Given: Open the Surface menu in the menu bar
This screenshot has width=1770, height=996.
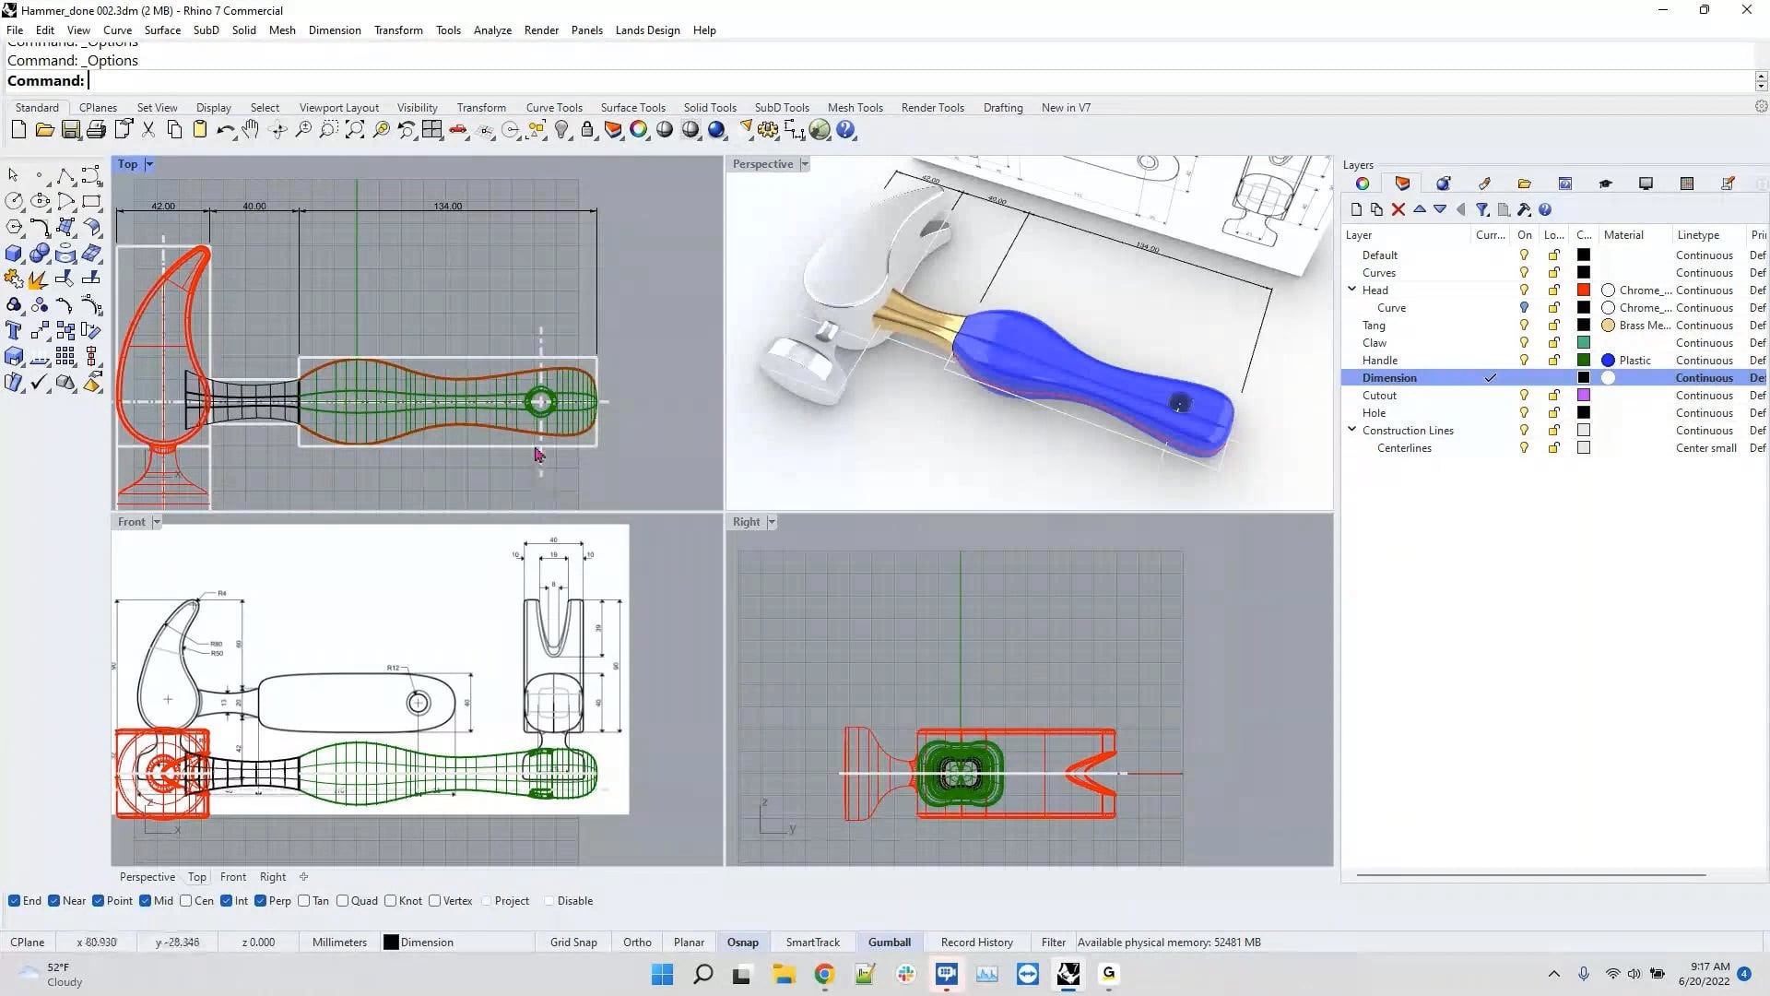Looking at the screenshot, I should pos(162,30).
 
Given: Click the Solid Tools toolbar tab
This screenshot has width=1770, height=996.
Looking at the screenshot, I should pos(709,107).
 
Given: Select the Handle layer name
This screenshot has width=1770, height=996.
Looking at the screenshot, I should pos(1379,360).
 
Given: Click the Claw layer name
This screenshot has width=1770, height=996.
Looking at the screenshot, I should pos(1374,342).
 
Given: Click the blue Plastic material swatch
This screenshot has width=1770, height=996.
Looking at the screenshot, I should pos(1608,360).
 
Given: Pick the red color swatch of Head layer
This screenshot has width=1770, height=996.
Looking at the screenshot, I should pos(1583,290).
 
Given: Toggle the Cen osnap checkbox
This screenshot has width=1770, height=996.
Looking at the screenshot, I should pos(186,901).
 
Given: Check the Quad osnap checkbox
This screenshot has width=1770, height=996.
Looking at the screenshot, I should pos(343,901).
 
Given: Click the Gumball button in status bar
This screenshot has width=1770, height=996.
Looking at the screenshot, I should pos(889,942).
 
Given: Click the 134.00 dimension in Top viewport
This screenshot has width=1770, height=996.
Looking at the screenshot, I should pos(448,206).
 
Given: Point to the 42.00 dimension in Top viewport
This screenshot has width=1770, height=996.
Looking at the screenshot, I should pos(163,206).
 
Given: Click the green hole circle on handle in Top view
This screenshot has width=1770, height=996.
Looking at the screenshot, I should pos(540,401).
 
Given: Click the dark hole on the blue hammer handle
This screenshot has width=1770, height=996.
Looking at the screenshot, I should pos(1180,403).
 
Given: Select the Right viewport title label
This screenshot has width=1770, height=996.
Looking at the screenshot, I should pos(746,522).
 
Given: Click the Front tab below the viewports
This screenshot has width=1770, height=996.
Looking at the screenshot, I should pos(233,877).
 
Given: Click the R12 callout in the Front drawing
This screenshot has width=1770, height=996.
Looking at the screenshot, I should pos(393,667).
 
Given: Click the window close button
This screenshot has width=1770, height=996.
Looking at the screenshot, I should pos(1746,10).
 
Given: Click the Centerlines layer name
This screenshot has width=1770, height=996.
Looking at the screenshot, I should pos(1404,447).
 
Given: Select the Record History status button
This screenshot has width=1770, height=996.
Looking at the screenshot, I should pos(976,942).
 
